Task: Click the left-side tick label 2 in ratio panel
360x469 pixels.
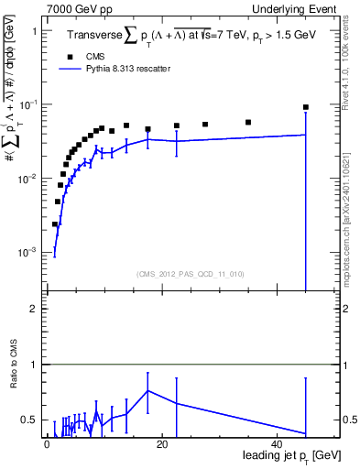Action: pyautogui.click(x=34, y=309)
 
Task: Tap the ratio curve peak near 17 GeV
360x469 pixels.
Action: pyautogui.click(x=147, y=391)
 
